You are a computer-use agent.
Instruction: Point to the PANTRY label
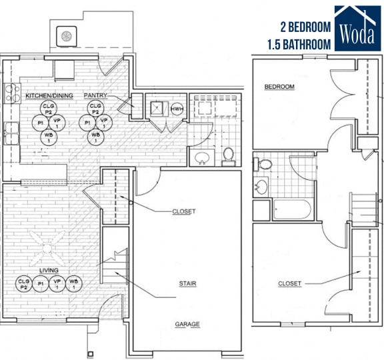point(95,96)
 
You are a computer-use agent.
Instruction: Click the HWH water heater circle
point(177,109)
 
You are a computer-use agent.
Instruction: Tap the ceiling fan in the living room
point(48,249)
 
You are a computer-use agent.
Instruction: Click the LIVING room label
point(48,270)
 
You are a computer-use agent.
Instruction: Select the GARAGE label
point(187,325)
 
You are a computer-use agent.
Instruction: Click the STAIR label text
point(187,283)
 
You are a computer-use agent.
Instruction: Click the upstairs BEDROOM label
point(279,87)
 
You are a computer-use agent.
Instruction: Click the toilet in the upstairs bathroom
point(264,163)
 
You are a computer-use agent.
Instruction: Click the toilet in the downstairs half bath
point(228,155)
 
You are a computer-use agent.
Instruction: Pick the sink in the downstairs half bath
point(201,158)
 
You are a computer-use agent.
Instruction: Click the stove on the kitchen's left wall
point(9,93)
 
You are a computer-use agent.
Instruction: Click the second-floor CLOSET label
point(289,283)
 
